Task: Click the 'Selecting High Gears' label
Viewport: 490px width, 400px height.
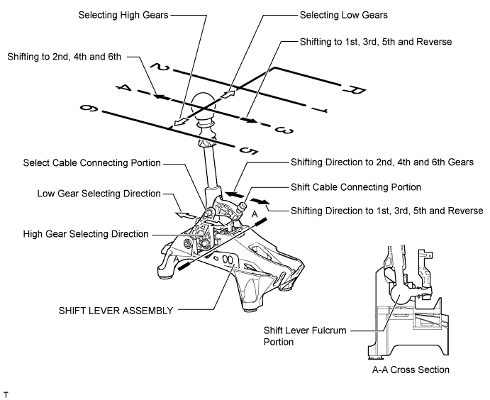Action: pyautogui.click(x=123, y=15)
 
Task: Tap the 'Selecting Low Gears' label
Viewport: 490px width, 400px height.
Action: pyautogui.click(x=344, y=15)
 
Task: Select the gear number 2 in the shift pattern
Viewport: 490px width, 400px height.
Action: pyautogui.click(x=160, y=67)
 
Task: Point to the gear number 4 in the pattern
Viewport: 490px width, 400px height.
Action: pyautogui.click(x=124, y=88)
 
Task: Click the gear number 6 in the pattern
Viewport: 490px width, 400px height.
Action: pyautogui.click(x=89, y=109)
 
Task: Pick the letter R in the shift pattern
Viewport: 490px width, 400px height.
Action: pyautogui.click(x=355, y=89)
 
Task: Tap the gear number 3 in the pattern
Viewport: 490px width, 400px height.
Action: pyautogui.click(x=284, y=130)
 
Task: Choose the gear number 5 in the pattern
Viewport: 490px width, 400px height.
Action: pyautogui.click(x=249, y=150)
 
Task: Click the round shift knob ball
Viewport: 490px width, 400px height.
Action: pyautogui.click(x=203, y=105)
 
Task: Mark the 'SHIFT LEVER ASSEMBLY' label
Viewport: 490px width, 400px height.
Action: pyautogui.click(x=116, y=311)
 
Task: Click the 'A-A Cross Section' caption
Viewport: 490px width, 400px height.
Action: pyautogui.click(x=411, y=370)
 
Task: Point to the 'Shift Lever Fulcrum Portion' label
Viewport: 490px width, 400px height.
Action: pyautogui.click(x=305, y=336)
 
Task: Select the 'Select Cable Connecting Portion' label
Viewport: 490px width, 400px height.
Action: pyautogui.click(x=92, y=163)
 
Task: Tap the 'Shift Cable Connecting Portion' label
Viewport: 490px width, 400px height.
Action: pyautogui.click(x=356, y=187)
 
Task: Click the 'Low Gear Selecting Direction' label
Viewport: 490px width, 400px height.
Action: pyautogui.click(x=99, y=194)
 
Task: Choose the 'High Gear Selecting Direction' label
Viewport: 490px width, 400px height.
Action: pyautogui.click(x=86, y=234)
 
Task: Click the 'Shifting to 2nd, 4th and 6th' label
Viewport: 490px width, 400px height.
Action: pyautogui.click(x=64, y=57)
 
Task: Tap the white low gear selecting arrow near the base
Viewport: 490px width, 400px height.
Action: pyautogui.click(x=186, y=216)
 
